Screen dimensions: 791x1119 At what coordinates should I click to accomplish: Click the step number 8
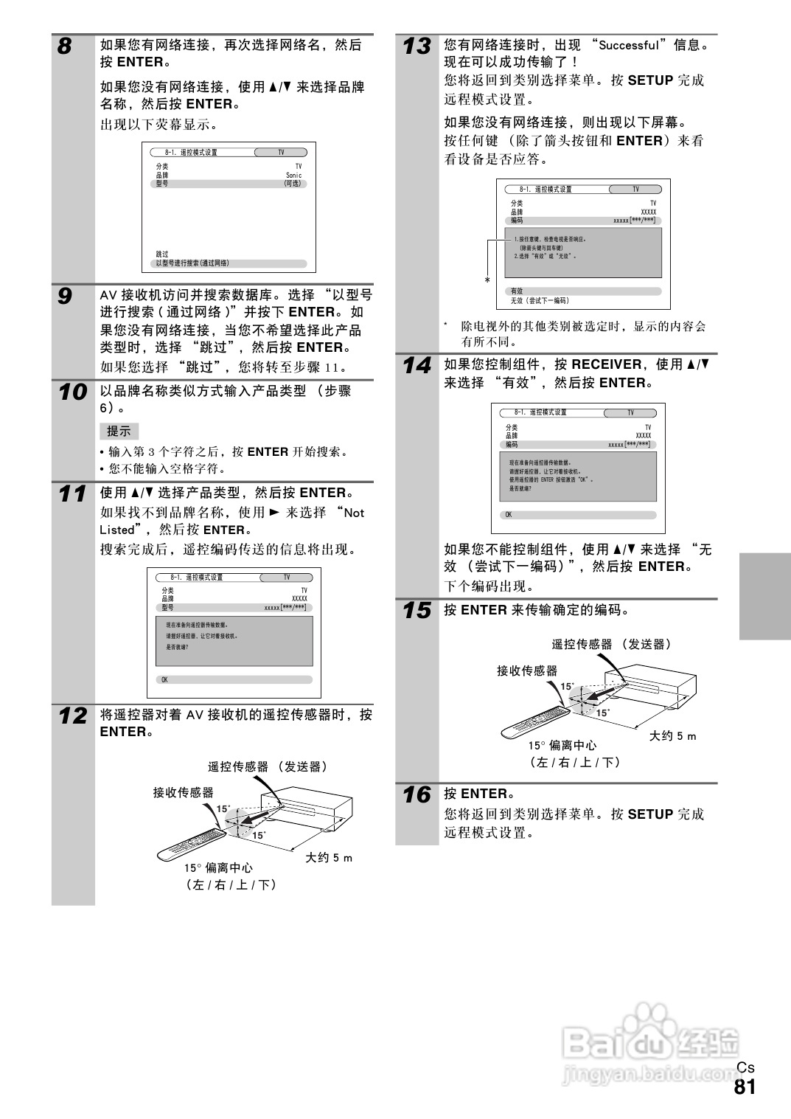(x=65, y=47)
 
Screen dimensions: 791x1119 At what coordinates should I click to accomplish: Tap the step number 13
(x=417, y=46)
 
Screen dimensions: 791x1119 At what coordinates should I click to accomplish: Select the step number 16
(x=417, y=795)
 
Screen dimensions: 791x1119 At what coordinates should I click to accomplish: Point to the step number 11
(x=72, y=493)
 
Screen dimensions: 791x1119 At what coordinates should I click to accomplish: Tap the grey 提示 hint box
(x=119, y=432)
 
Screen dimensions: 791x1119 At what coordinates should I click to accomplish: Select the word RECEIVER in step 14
(x=606, y=364)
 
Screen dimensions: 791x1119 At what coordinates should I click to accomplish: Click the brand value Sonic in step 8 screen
(x=293, y=176)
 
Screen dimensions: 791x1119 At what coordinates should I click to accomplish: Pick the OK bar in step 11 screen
(x=234, y=679)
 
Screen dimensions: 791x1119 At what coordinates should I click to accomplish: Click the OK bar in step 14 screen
(x=579, y=515)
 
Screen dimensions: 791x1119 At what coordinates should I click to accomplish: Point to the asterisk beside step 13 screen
(x=487, y=280)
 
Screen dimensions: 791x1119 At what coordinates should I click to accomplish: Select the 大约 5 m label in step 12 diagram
(x=329, y=858)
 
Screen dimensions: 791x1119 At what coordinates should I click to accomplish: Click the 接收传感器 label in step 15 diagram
(x=526, y=671)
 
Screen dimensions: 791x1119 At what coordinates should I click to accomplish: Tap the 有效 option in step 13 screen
(x=517, y=291)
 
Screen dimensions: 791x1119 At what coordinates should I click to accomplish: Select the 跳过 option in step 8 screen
(x=162, y=254)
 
